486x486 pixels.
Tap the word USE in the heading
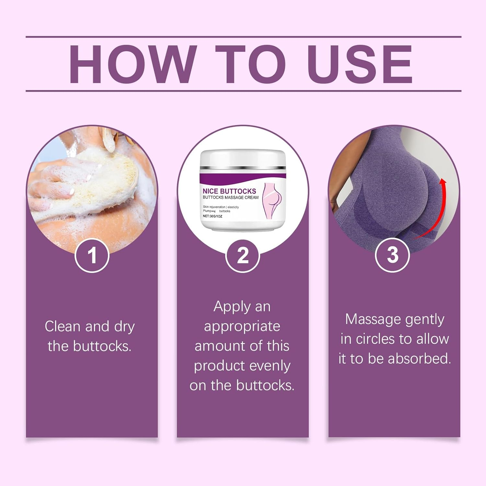[360, 64]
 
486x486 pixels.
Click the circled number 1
[92, 255]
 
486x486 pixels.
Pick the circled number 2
[243, 255]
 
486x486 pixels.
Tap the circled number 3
[392, 255]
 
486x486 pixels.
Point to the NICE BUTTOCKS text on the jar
[229, 191]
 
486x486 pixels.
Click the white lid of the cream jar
[243, 159]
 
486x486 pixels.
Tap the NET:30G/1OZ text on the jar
[213, 216]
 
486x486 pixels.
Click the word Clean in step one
[63, 326]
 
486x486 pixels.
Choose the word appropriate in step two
[242, 327]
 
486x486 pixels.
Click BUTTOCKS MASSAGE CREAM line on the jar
[231, 197]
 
